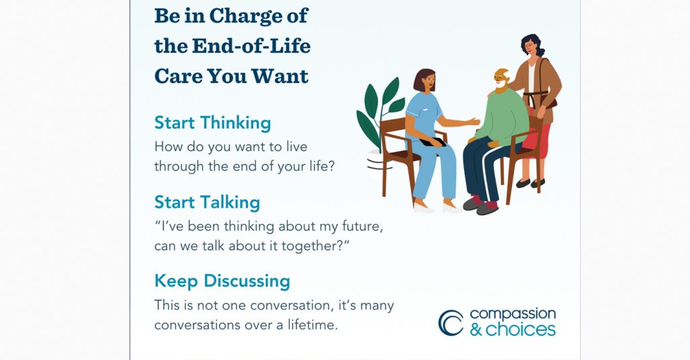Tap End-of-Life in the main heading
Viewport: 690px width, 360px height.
[x=252, y=46]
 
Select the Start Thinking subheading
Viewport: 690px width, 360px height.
[x=212, y=123]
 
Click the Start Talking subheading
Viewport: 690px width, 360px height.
[x=207, y=202]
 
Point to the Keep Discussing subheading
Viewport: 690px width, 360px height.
[x=222, y=280]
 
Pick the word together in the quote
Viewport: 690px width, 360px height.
[x=313, y=246]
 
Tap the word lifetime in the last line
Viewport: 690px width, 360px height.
[x=309, y=325]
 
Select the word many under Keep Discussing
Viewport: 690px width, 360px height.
[x=377, y=305]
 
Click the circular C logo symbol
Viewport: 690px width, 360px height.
[x=450, y=322]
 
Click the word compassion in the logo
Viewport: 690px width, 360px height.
[x=512, y=314]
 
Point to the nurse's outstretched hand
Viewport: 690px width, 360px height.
[x=474, y=122]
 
